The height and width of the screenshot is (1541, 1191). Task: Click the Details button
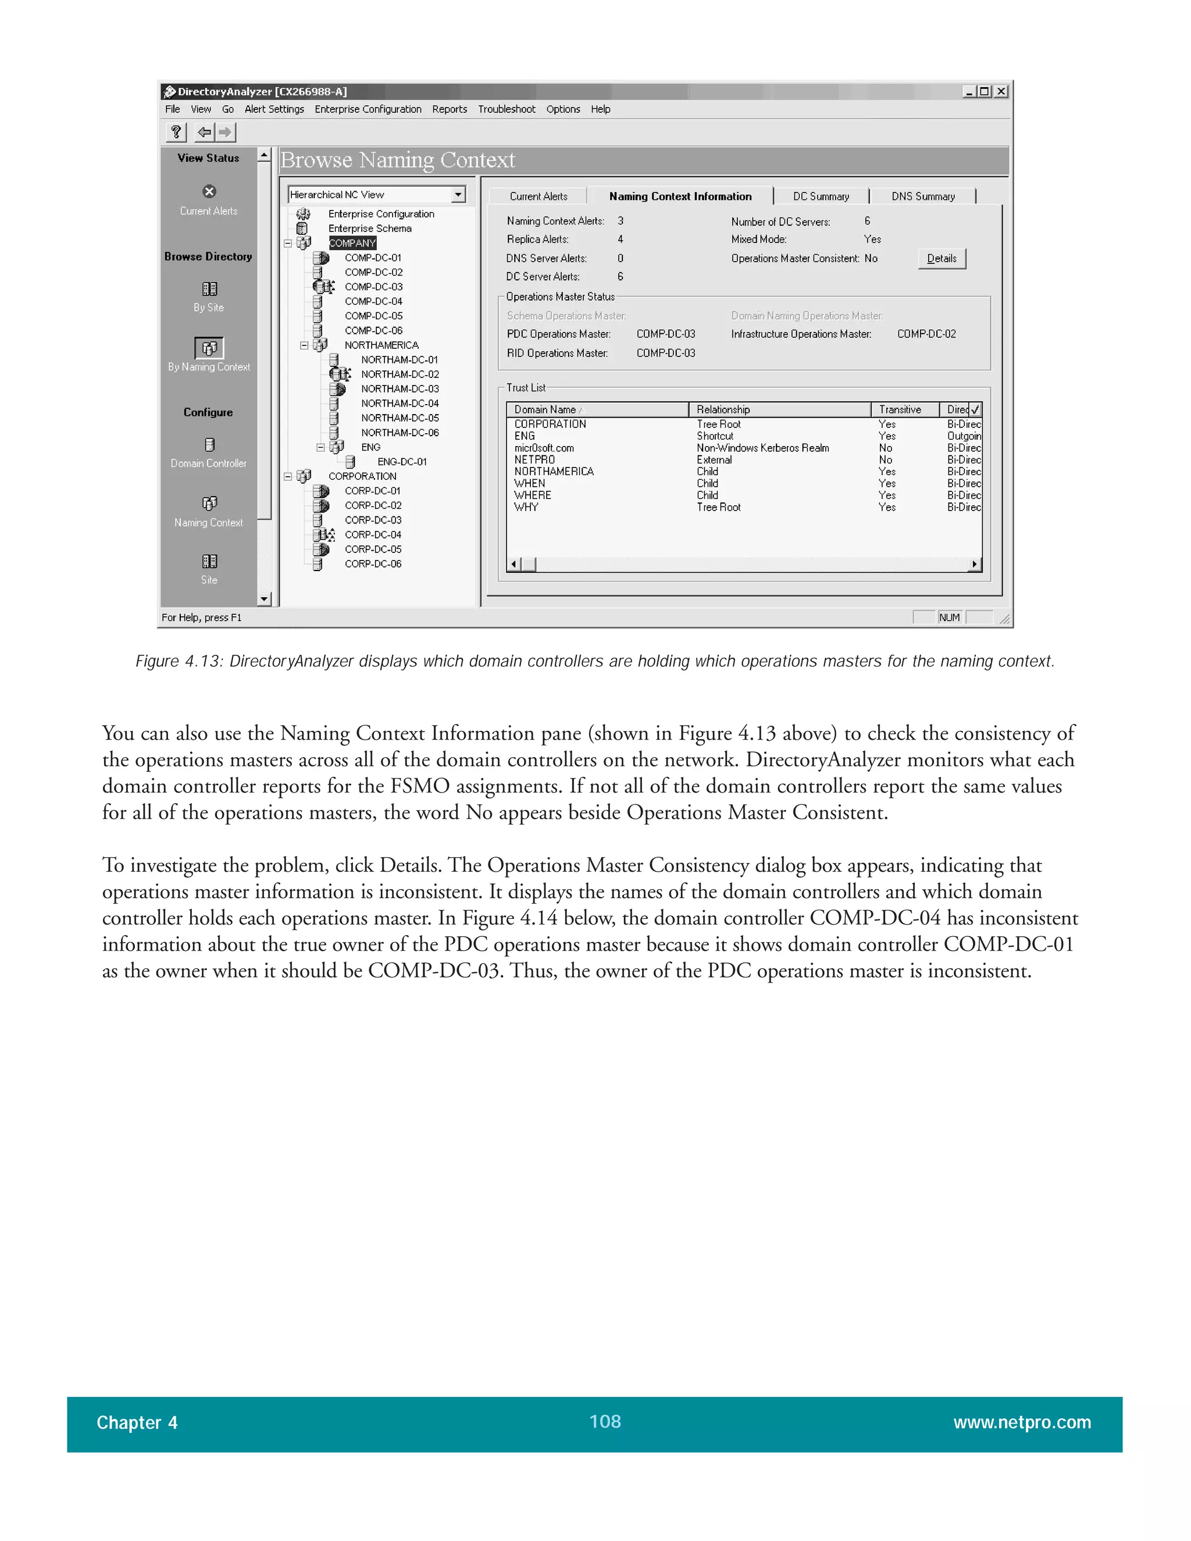(x=942, y=258)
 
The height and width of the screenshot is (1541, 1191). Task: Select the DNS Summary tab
(x=922, y=196)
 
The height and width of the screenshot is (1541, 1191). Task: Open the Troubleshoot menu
(x=506, y=109)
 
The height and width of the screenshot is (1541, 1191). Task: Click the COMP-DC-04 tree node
(x=373, y=301)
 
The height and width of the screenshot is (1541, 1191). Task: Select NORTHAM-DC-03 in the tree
(x=400, y=389)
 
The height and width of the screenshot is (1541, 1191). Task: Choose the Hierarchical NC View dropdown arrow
(x=458, y=195)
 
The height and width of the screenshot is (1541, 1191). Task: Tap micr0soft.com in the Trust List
(x=543, y=448)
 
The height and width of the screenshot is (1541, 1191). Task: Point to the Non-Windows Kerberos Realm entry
(x=762, y=448)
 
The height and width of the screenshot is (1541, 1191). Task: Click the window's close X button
(x=1000, y=92)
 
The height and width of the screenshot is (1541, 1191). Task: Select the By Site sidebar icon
(x=209, y=289)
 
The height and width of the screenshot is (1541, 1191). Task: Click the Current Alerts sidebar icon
(x=209, y=192)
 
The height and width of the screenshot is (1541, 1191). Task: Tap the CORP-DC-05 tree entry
(x=373, y=549)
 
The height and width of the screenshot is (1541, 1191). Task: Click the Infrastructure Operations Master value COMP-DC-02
(x=926, y=334)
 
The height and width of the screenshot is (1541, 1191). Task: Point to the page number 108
(x=605, y=1421)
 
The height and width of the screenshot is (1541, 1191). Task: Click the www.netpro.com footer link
(x=1021, y=1422)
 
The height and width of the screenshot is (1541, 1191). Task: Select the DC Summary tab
(x=820, y=196)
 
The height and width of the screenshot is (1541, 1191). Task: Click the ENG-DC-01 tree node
(x=401, y=462)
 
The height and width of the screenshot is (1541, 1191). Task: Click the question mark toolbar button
(x=176, y=132)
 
